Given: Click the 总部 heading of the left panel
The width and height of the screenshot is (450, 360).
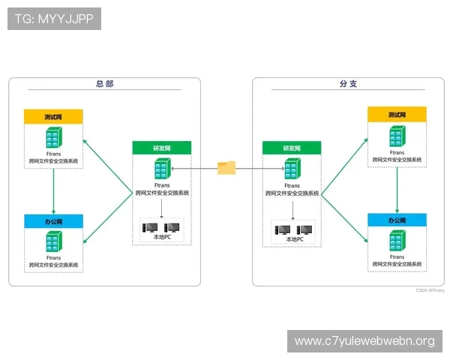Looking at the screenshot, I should pos(105,84).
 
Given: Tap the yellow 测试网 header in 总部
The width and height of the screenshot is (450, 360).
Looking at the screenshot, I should pos(53,117).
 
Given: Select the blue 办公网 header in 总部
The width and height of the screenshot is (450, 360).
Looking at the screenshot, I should pos(53,222).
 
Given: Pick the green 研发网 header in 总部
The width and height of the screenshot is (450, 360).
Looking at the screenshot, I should pos(163,148).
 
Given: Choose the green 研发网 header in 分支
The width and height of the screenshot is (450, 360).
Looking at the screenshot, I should pos(292,148).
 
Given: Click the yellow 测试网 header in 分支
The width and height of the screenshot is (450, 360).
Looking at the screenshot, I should pos(397,115).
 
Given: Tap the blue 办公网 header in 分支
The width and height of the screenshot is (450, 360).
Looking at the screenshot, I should pos(397,220).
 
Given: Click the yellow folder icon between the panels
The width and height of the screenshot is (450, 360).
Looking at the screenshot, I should pos(226,168).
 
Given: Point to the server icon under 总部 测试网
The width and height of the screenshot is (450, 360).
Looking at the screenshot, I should pos(53,138).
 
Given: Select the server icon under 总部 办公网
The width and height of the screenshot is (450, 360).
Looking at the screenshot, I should pos(53,242).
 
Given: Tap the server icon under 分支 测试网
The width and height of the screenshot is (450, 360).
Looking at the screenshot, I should pos(397,136).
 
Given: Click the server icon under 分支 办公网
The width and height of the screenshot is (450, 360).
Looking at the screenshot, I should pos(397,241).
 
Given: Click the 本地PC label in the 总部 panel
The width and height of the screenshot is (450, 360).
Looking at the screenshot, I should pos(163,238).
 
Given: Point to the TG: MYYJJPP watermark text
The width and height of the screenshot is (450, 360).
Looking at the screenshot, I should pos(54,19).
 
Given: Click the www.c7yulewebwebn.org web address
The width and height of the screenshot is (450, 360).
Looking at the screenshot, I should pos(364,341).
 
